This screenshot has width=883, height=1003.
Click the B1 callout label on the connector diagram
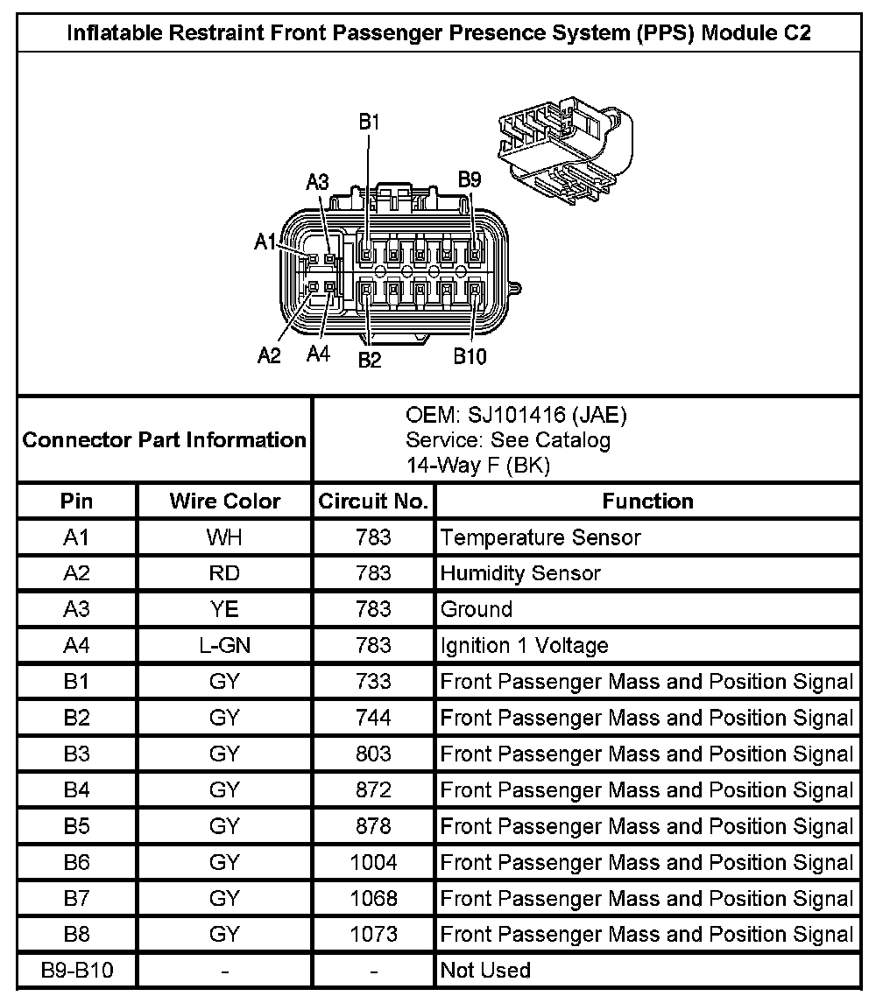coord(369,123)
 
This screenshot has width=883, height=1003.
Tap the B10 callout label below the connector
coord(470,357)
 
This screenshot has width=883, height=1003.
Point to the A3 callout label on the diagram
coord(317,182)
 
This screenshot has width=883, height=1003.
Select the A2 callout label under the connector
coord(269,355)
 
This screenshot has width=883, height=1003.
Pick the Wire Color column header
coord(224,501)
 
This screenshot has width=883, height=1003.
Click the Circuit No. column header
coord(373,501)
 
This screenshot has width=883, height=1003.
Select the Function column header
coord(647,501)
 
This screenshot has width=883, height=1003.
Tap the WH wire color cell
coord(224,537)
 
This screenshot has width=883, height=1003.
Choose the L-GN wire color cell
coord(224,646)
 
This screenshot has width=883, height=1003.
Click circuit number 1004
coord(373,863)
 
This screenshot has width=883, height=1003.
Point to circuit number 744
coord(373,719)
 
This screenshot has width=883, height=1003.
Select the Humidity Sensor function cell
coord(520,573)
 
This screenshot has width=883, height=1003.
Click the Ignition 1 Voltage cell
coord(524,646)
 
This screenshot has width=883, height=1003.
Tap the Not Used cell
coord(485,970)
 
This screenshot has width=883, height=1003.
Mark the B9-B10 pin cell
coord(77,970)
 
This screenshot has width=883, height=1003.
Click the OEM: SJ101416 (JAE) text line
coord(516,414)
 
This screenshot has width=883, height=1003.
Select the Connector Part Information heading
coord(164,439)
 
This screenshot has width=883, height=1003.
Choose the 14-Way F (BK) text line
coord(477,466)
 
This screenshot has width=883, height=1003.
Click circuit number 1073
coord(373,935)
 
